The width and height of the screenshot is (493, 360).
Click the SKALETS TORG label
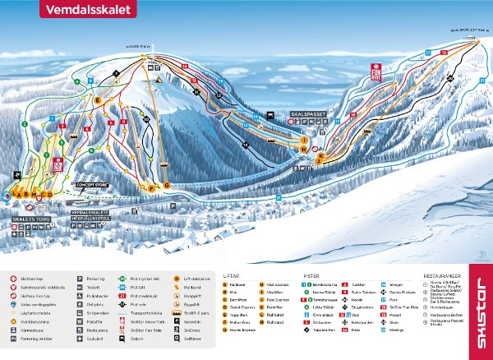[31, 219]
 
